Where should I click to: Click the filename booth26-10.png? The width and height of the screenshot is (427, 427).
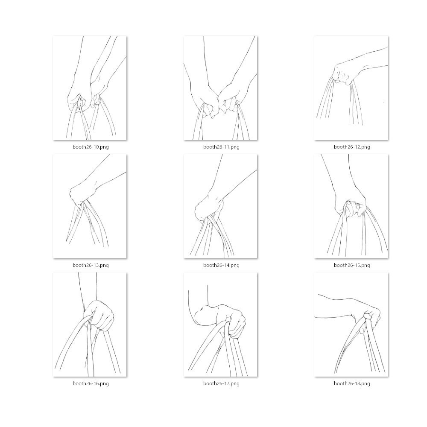click(91, 147)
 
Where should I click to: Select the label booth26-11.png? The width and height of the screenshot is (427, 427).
click(221, 147)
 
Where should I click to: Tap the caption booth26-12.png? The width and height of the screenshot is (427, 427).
click(352, 147)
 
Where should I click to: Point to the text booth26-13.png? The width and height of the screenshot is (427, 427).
click(91, 265)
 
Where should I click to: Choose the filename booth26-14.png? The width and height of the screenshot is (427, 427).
click(221, 265)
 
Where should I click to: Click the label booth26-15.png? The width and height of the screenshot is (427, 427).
click(352, 265)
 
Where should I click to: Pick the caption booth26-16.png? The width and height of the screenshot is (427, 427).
click(91, 383)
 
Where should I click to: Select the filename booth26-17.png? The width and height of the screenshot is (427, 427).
click(221, 383)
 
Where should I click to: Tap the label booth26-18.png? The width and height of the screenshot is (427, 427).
click(352, 383)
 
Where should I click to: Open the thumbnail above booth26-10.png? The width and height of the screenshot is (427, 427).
click(90, 88)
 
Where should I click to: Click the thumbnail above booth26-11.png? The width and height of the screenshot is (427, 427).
click(220, 88)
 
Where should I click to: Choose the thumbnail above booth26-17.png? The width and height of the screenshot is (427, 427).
click(220, 325)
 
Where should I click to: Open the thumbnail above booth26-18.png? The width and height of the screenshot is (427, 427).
click(351, 325)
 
